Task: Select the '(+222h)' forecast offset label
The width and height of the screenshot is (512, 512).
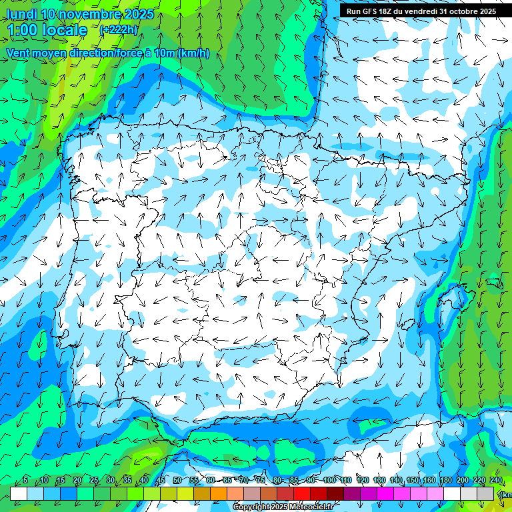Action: tap(118, 29)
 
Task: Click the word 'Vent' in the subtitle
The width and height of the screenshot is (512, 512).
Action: tap(19, 53)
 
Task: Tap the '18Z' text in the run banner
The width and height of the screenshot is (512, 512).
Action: tap(386, 11)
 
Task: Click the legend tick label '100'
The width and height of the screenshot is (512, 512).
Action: tap(329, 480)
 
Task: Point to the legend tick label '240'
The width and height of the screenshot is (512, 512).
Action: tap(495, 480)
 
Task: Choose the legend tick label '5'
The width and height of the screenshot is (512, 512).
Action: tap(25, 480)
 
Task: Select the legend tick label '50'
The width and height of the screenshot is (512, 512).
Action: tap(177, 480)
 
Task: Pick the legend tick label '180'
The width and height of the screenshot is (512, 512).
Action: tap(445, 480)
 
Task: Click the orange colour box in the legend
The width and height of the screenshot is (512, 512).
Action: tap(219, 493)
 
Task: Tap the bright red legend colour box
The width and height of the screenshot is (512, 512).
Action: tap(302, 493)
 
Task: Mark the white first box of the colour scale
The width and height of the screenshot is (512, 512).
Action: tap(19, 493)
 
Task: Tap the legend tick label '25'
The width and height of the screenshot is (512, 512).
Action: tap(93, 480)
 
